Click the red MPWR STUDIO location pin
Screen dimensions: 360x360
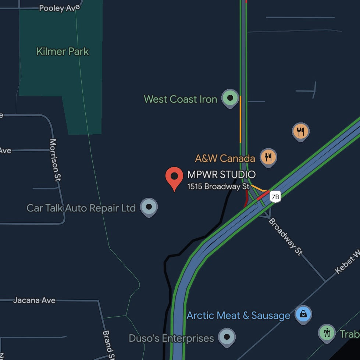click(x=174, y=177)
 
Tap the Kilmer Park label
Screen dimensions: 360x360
click(x=63, y=51)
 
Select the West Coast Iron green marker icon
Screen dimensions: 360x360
click(x=230, y=98)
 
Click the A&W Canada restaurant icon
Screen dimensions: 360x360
click(x=268, y=157)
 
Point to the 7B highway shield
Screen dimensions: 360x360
click(x=275, y=197)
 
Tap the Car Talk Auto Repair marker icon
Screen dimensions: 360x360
click(x=149, y=207)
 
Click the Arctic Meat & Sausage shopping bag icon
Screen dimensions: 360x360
click(x=303, y=314)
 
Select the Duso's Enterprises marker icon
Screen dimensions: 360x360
click(x=227, y=336)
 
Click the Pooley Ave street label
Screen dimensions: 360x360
click(x=57, y=8)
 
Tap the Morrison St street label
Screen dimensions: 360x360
click(x=55, y=160)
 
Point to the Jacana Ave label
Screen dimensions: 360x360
click(x=34, y=300)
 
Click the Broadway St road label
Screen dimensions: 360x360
click(x=286, y=237)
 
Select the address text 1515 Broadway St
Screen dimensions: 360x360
click(x=218, y=186)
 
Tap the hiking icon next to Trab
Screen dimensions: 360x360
click(x=327, y=333)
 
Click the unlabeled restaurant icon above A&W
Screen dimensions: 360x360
click(x=300, y=131)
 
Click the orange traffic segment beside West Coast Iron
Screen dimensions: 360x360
click(x=241, y=120)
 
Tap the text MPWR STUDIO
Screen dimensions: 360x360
click(x=221, y=174)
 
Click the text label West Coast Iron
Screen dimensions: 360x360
click(x=181, y=99)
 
